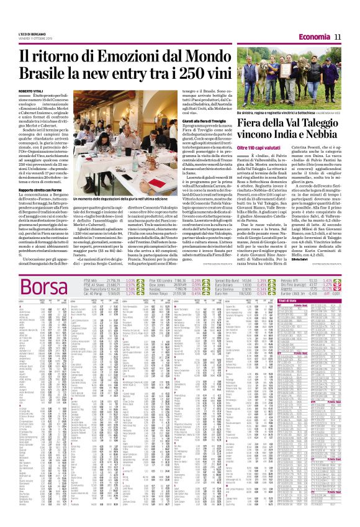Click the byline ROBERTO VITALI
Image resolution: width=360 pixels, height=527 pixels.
(31, 91)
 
